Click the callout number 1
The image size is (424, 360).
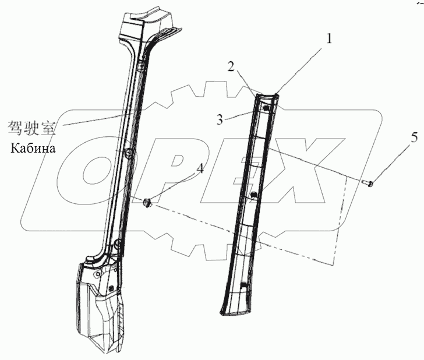pos(329,40)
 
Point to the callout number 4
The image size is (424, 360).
pos(200,169)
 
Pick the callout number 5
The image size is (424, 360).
pos(382,138)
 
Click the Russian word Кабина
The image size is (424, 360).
pos(33,148)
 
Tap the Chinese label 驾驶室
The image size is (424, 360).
pos(32,126)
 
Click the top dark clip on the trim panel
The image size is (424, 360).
pos(266,107)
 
